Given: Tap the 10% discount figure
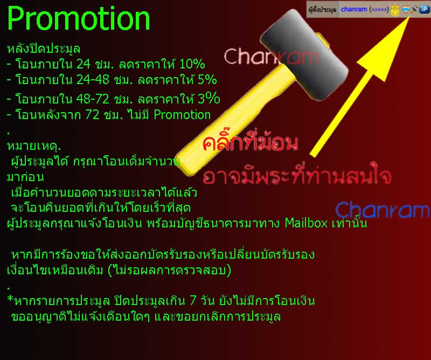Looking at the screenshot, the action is pos(192,64).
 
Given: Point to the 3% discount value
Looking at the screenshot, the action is pos(208,98).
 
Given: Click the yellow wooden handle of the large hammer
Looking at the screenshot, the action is pos(237,121).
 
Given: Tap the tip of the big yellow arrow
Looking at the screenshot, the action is pos(409,17).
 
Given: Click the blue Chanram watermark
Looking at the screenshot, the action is pos(383,210).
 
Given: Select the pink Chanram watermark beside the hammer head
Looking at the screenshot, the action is pos(272,57).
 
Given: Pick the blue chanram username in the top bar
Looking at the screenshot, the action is pos(354,9).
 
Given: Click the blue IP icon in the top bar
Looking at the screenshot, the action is pos(424,9).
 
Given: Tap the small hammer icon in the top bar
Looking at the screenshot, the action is pos(414,9).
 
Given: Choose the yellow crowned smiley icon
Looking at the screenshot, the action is pos(395,10).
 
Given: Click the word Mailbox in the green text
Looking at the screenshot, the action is pos(306,223).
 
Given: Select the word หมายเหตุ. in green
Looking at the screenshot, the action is pos(34,146).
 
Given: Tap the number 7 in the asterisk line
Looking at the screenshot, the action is pos(193,301).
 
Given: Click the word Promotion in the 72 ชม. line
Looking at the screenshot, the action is pos(182,114).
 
